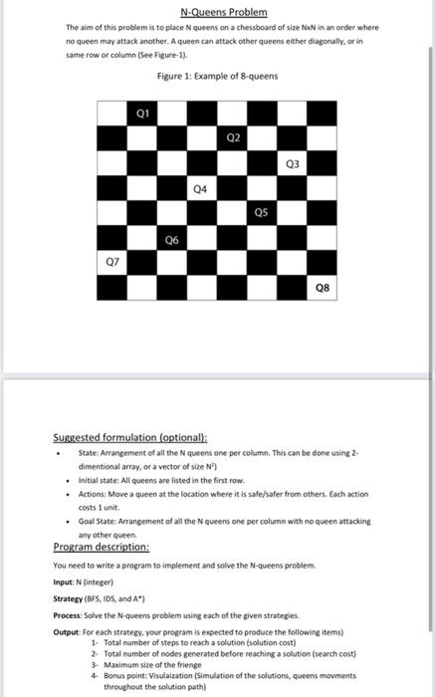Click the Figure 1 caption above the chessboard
[x=217, y=77]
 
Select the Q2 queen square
[x=232, y=137]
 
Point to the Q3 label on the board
[x=292, y=163]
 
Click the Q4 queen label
[x=202, y=187]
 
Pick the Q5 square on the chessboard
[x=262, y=212]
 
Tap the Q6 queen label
[x=172, y=239]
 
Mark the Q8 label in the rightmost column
[x=322, y=289]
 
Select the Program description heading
[x=102, y=547]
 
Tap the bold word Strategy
[x=70, y=599]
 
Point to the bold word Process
[x=69, y=616]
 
